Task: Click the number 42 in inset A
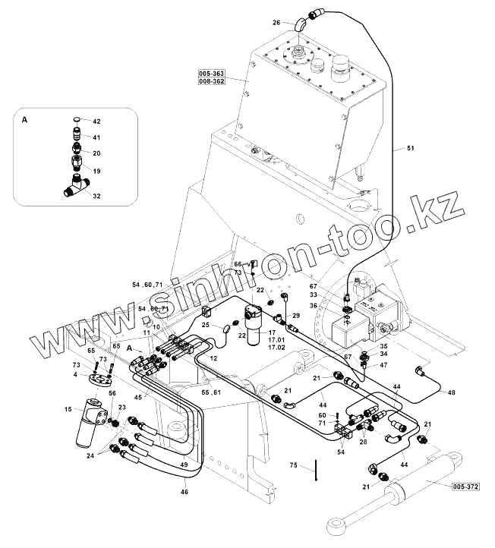click(96, 121)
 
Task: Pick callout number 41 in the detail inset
click(96, 137)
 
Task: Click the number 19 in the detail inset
click(96, 172)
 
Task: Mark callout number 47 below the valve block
click(383, 365)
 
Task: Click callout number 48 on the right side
click(451, 392)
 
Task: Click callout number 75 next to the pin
click(294, 465)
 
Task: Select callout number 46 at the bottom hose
click(184, 493)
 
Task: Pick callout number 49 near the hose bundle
click(184, 465)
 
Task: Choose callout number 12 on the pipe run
click(213, 357)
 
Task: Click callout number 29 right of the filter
click(296, 315)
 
